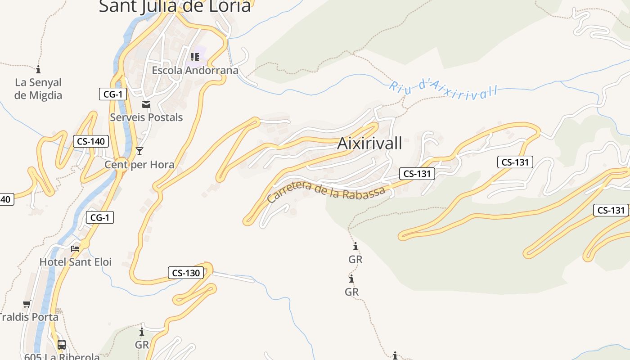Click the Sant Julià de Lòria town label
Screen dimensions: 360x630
coord(175,6)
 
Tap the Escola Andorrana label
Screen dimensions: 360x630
coord(195,70)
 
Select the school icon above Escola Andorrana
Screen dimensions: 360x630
coord(195,57)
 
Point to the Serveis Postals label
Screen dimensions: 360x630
coord(146,117)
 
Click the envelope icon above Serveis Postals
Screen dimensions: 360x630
coord(146,105)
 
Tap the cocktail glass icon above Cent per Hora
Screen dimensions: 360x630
coord(139,151)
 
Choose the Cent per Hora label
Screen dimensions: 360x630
coord(139,165)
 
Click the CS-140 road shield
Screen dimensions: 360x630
coord(91,141)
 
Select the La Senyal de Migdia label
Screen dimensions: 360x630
coord(38,89)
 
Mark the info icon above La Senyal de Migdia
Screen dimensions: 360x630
coord(38,69)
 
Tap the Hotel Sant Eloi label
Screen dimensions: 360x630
coord(76,262)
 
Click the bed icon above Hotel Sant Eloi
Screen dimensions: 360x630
coord(76,248)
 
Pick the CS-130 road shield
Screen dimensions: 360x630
coord(186,273)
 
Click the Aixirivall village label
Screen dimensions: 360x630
coord(369,144)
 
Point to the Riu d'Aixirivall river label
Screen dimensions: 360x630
coord(444,90)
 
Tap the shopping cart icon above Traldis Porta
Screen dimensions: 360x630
coord(27,304)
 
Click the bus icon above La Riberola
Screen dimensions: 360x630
coord(62,345)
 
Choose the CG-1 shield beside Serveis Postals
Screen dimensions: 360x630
coord(113,94)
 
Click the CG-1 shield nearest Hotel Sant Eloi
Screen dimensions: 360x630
coord(100,218)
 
